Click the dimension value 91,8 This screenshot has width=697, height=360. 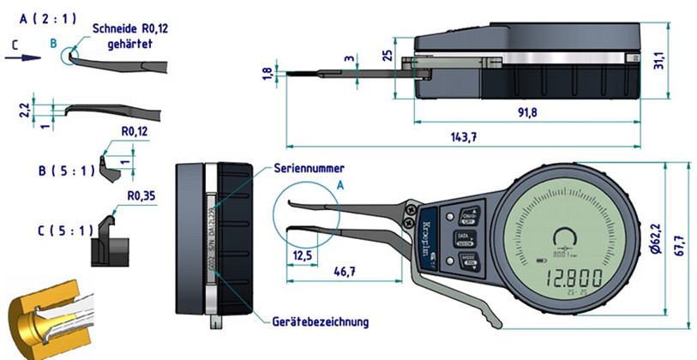[527, 111]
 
